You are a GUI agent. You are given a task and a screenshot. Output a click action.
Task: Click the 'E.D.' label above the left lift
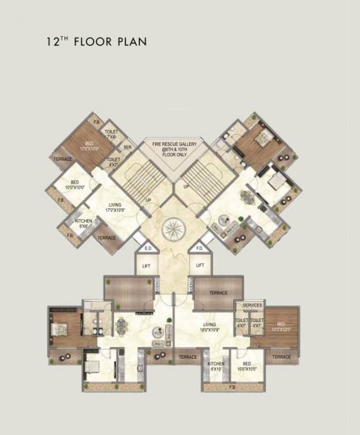click(148, 249)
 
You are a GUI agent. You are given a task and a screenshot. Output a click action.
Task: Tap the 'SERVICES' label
click(252, 305)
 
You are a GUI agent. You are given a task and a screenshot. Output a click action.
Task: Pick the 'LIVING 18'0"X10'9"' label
click(212, 328)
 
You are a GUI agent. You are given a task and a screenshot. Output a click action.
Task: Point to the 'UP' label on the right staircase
click(186, 186)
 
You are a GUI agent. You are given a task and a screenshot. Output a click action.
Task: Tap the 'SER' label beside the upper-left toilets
click(127, 147)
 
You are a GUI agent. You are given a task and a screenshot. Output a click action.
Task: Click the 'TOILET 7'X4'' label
click(112, 134)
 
